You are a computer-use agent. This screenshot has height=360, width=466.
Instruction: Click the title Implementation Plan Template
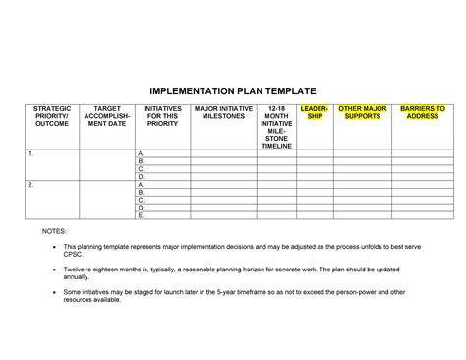(232, 88)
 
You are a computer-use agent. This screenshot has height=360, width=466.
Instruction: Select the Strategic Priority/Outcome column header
(52, 116)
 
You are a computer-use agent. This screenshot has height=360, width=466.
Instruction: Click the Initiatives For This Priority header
(161, 116)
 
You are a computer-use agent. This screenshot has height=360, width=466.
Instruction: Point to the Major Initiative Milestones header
(223, 112)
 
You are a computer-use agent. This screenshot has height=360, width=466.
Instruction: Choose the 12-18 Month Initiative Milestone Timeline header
(276, 127)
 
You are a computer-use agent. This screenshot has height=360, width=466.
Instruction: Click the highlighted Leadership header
(315, 112)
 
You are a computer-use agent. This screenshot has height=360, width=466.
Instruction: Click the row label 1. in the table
(31, 155)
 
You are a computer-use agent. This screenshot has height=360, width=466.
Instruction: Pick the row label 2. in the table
(31, 185)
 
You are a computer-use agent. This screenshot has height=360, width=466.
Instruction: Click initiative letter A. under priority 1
(142, 155)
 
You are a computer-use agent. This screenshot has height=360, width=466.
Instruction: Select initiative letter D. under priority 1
(142, 177)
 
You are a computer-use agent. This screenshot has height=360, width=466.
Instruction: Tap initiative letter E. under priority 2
(142, 214)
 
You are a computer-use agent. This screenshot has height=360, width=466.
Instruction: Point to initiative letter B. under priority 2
(142, 192)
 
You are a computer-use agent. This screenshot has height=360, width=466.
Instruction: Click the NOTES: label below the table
(54, 230)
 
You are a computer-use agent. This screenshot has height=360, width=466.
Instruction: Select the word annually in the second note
(79, 277)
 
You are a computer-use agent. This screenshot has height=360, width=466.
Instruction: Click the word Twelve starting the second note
(76, 269)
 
